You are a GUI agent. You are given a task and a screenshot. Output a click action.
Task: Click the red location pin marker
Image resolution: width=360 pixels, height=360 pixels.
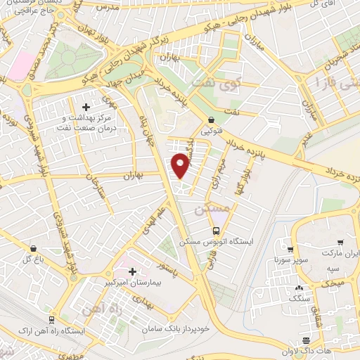(x=181, y=166)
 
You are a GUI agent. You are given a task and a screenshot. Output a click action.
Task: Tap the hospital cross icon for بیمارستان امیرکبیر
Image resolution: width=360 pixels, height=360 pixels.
(x=132, y=271)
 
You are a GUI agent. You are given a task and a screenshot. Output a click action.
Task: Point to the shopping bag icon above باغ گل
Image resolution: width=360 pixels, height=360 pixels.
(x=33, y=248)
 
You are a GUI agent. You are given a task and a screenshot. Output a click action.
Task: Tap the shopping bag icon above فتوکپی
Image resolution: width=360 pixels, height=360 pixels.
(x=212, y=120)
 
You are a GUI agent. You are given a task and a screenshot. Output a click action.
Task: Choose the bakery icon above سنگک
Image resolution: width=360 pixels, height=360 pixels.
(x=300, y=288)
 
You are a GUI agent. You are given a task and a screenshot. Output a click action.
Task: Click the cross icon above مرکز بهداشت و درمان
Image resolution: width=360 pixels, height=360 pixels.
(x=86, y=108)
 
